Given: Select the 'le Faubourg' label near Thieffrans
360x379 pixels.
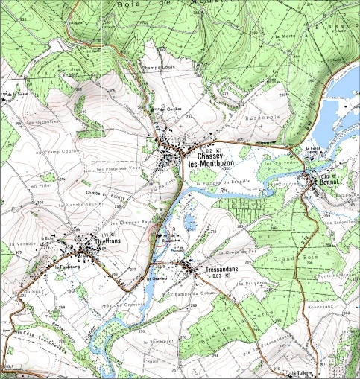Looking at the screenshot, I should (66, 266).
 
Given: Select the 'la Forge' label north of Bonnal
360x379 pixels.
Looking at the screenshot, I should (314, 148).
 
